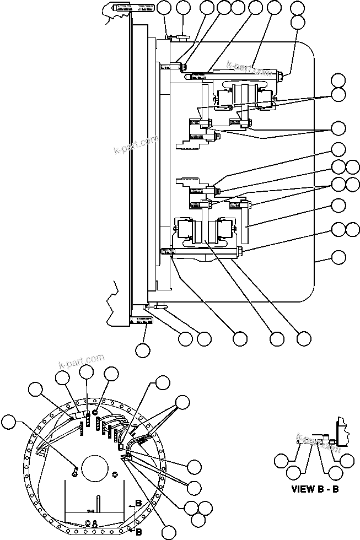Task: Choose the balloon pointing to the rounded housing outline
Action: coord(338,257)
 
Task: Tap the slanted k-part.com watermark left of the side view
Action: coord(133,145)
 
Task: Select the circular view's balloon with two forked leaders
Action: coord(182,402)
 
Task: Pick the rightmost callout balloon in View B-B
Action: coord(347,460)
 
